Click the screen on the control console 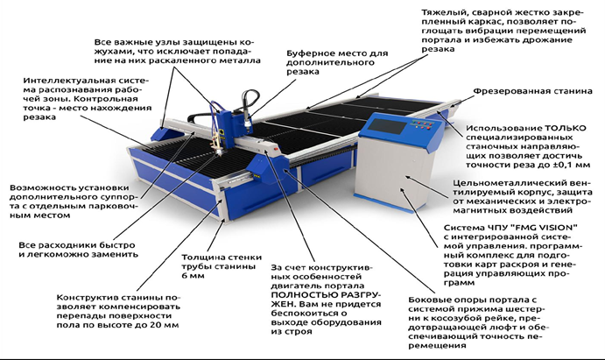pos(386,126)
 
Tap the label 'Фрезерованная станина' pos(532,91)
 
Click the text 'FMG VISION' pos(549,227)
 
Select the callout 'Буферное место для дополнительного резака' pos(337,62)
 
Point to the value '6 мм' pos(193,276)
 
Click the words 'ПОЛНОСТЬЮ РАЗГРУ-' pos(326,295)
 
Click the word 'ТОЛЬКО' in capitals pos(566,128)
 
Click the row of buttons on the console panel pos(422,124)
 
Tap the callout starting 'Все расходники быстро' pos(78,250)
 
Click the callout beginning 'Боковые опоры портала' pos(479,322)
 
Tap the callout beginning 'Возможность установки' pos(74,201)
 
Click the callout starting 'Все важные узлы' pos(178,52)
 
